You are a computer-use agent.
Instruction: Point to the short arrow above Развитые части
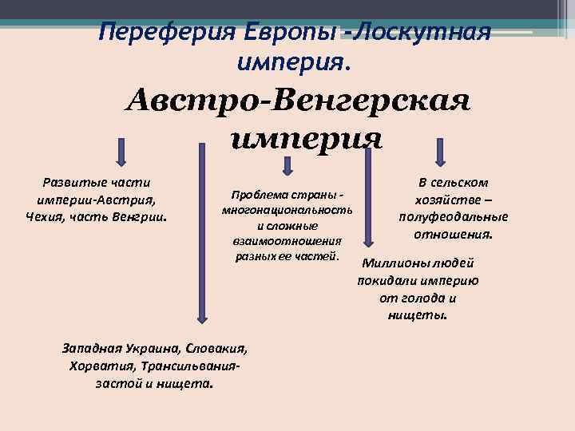pyautogui.click(x=121, y=150)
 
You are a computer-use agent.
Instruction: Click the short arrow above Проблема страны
pyautogui.click(x=287, y=163)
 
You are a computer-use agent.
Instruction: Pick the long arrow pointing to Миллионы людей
pyautogui.click(x=367, y=200)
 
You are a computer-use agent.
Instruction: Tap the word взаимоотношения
pyautogui.click(x=287, y=240)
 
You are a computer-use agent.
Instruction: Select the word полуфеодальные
pyautogui.click(x=454, y=218)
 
